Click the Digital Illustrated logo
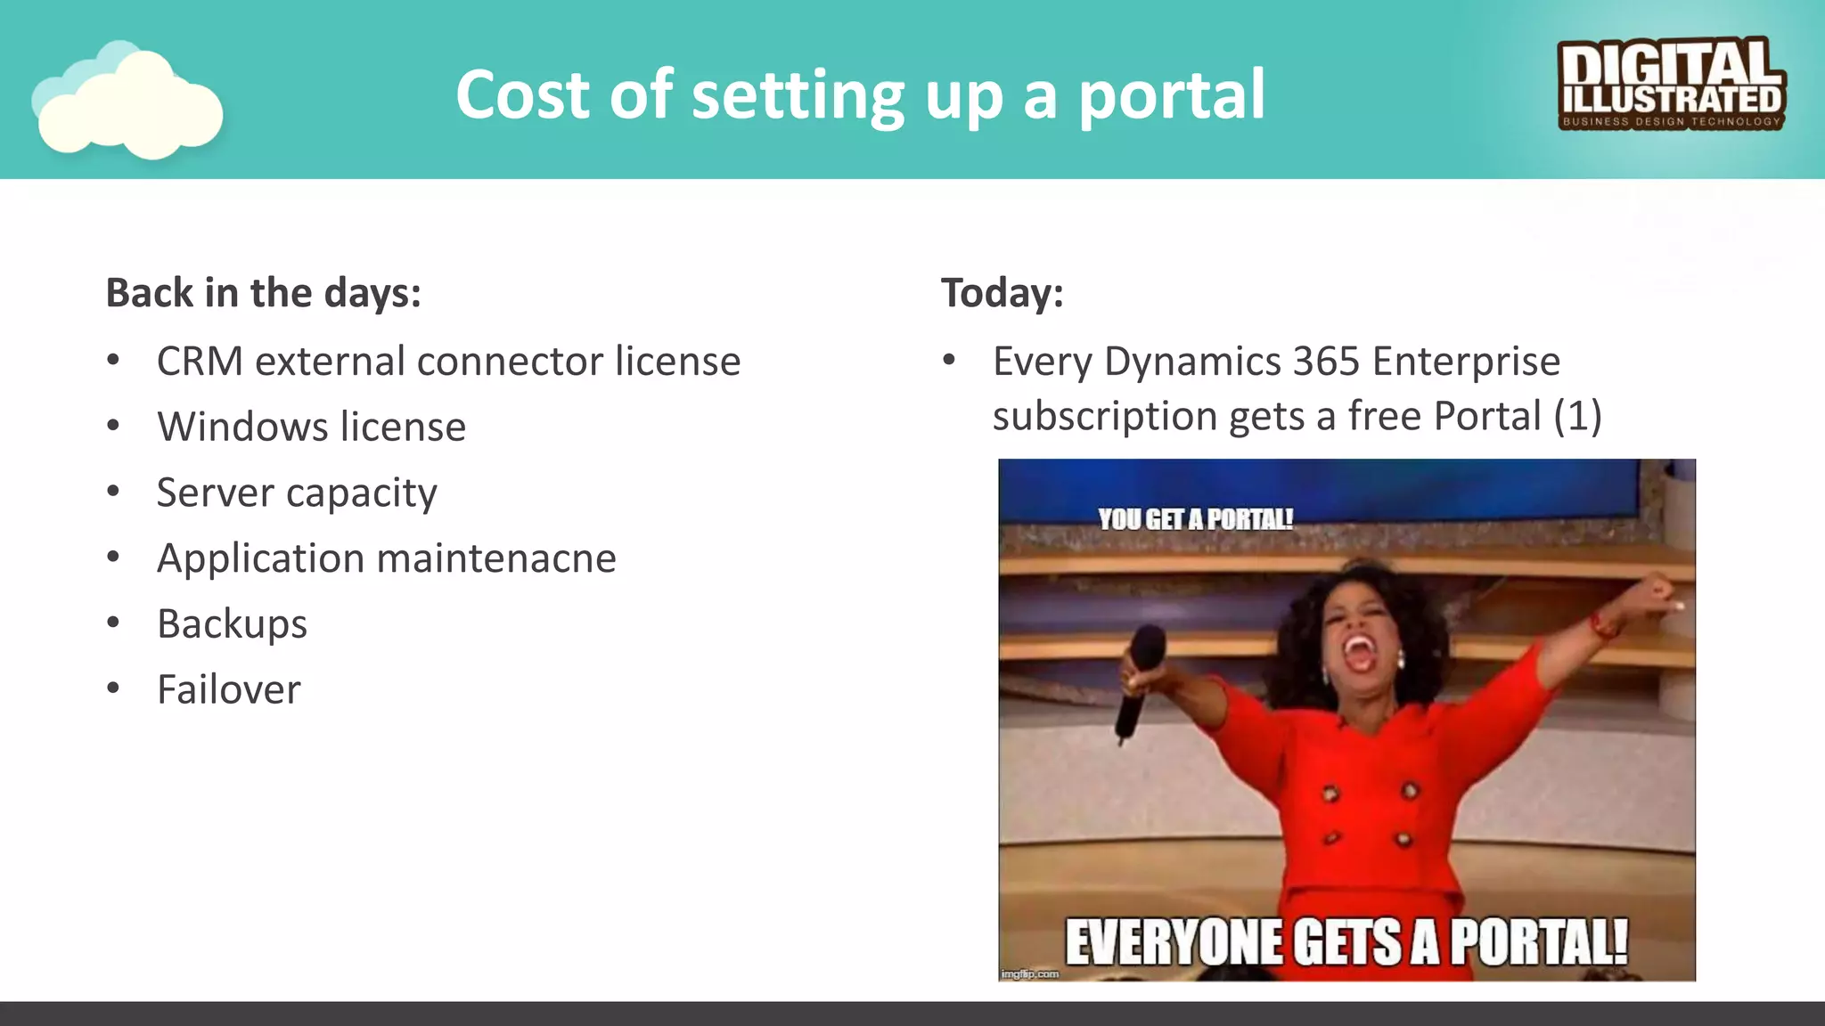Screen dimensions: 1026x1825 [1671, 85]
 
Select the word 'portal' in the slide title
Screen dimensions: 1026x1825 [1172, 94]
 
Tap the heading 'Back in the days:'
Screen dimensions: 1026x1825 [263, 293]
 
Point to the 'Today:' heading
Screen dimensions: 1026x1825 [1002, 293]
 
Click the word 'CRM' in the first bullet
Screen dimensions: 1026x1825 [200, 362]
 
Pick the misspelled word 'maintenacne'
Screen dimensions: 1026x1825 [496, 558]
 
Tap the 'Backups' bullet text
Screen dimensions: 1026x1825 [232, 623]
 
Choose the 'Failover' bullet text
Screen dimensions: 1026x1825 [229, 689]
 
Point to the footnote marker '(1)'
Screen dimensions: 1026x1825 [1577, 416]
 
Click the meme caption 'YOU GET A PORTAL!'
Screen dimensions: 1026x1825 [1195, 519]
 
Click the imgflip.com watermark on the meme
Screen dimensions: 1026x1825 [1029, 974]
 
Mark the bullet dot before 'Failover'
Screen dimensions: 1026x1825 [113, 688]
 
